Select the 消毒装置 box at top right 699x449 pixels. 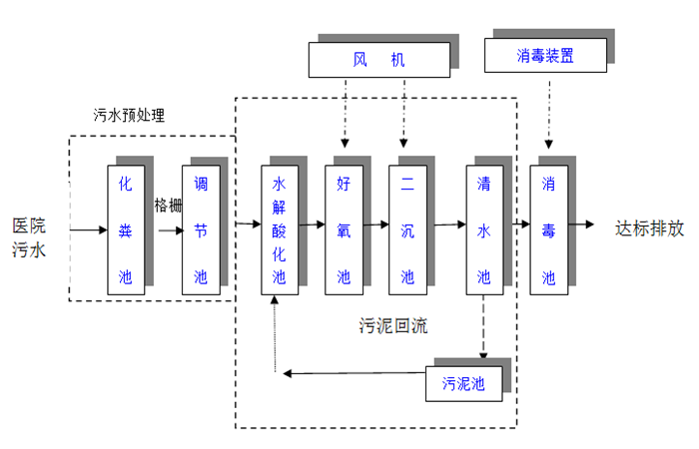pyautogui.click(x=545, y=55)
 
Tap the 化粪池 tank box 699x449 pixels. pyautogui.click(x=126, y=229)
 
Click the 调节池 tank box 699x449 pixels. pyautogui.click(x=201, y=229)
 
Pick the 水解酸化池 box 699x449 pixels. pyautogui.click(x=280, y=229)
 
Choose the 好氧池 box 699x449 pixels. pyautogui.click(x=344, y=229)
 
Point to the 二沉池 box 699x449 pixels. pyautogui.click(x=407, y=229)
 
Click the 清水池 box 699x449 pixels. pyautogui.click(x=484, y=229)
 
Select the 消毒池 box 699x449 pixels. pyautogui.click(x=548, y=229)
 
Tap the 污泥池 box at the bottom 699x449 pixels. pyautogui.click(x=463, y=383)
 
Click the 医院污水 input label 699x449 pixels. pyautogui.click(x=29, y=237)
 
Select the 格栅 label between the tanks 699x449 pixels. pyautogui.click(x=168, y=205)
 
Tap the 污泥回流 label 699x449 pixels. pyautogui.click(x=393, y=326)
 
